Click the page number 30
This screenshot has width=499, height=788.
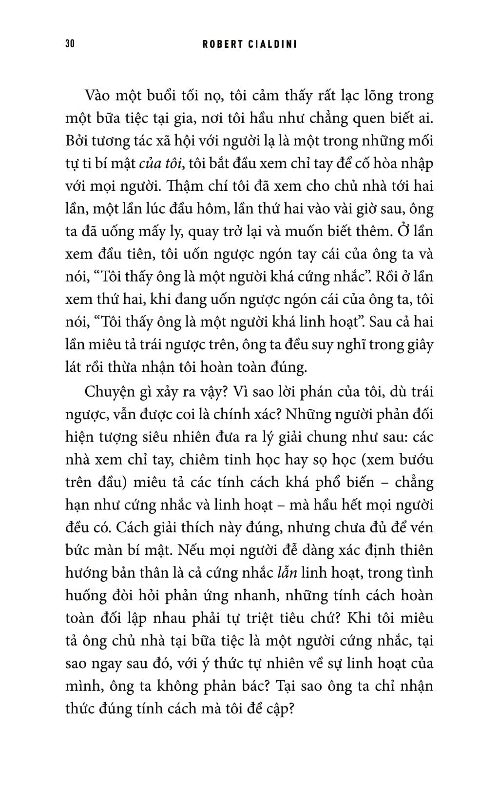tap(69, 44)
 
